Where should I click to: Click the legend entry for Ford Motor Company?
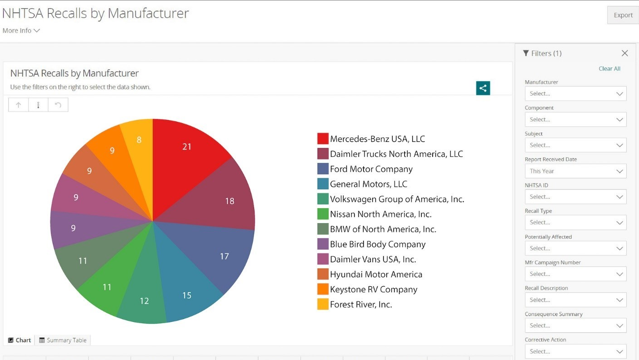click(371, 169)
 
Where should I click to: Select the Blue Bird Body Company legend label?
click(377, 244)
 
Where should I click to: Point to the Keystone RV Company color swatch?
click(323, 289)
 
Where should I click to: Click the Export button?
click(623, 15)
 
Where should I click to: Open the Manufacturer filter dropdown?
click(575, 94)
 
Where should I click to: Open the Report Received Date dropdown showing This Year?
click(575, 171)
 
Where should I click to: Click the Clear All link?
click(609, 69)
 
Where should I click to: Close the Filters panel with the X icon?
click(625, 53)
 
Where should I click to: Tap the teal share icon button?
click(483, 88)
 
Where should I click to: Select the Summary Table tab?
click(63, 340)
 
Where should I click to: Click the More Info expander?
click(21, 30)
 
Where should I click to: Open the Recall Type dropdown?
click(575, 222)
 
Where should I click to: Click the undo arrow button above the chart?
click(58, 105)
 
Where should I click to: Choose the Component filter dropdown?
click(575, 120)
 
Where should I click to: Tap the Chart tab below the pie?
click(20, 340)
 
